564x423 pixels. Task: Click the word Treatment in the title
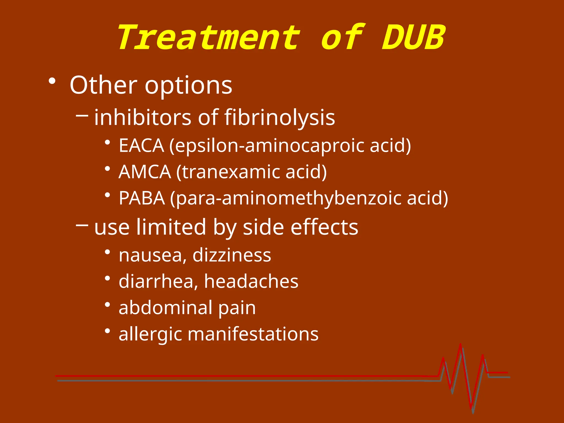pos(209,38)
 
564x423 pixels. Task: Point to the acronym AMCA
pos(145,172)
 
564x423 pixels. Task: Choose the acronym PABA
pos(142,198)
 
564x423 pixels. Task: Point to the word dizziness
pos(232,255)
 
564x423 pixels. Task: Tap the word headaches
pos(251,281)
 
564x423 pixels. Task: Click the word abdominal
pos(166,307)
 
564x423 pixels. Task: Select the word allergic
pos(150,334)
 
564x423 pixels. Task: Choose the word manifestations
pos(257,334)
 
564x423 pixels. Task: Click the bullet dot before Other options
pos(52,81)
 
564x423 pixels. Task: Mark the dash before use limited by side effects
pos(82,225)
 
